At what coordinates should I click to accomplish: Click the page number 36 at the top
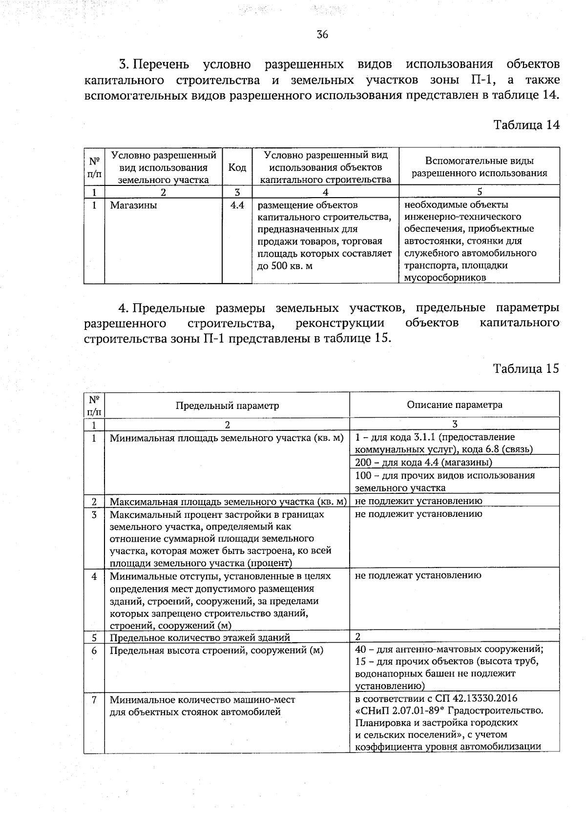[x=322, y=34]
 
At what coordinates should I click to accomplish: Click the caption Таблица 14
[x=526, y=125]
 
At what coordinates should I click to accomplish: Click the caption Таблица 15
[x=526, y=368]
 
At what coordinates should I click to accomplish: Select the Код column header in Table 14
[x=237, y=167]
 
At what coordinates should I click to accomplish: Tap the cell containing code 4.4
[x=237, y=205]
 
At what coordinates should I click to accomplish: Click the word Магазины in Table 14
[x=133, y=205]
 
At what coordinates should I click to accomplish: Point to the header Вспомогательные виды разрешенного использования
[x=479, y=167]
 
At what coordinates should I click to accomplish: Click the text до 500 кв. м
[x=285, y=266]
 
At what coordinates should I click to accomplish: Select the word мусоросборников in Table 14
[x=445, y=278]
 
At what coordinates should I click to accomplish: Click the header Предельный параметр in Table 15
[x=227, y=406]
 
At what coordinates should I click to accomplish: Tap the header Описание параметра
[x=454, y=405]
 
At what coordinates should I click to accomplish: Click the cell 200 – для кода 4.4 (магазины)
[x=423, y=462]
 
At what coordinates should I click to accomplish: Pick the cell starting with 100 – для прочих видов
[x=444, y=475]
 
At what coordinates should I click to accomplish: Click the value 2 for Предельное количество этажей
[x=358, y=637]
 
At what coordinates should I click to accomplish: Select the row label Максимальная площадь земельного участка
[x=228, y=501]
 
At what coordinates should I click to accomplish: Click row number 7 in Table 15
[x=94, y=699]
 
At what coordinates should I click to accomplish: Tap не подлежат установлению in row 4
[x=418, y=575]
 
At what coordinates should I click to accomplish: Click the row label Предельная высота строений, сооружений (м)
[x=216, y=650]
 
